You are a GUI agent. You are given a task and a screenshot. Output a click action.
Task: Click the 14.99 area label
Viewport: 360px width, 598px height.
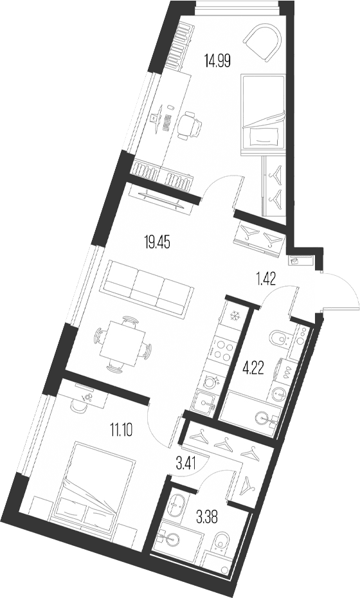217,61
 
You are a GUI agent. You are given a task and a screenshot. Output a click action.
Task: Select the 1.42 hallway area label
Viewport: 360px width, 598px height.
265,279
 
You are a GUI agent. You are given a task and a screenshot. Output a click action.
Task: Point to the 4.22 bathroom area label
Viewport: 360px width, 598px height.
253,369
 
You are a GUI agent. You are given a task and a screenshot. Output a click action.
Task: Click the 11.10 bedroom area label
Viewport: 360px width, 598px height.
122,431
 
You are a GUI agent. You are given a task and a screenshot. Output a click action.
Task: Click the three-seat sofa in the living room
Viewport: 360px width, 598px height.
147,287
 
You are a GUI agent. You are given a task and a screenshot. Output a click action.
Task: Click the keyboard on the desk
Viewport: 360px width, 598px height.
166,122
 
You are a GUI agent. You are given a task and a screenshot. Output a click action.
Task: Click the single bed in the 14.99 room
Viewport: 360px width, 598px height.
264,114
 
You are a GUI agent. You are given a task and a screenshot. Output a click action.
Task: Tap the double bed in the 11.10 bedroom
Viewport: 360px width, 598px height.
94,482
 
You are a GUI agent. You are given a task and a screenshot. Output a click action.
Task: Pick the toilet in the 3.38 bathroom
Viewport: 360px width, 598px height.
221,541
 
